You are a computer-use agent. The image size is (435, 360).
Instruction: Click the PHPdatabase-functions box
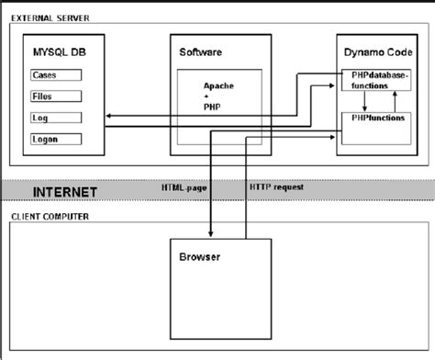pyautogui.click(x=375, y=80)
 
